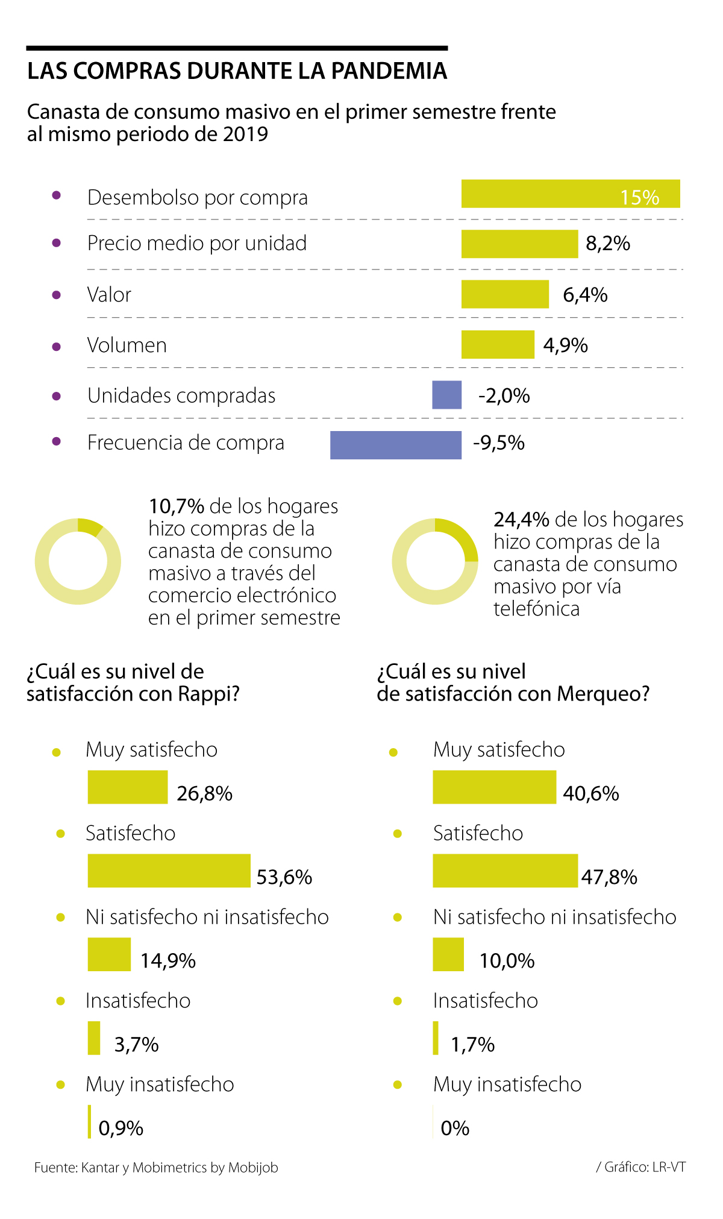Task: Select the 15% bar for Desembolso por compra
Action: (x=570, y=194)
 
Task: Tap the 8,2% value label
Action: (x=608, y=244)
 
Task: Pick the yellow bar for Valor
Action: (x=505, y=294)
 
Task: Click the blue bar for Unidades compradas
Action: (x=446, y=395)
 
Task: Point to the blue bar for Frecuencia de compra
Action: (x=395, y=445)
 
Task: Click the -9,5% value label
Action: (x=499, y=443)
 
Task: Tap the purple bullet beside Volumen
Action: (x=57, y=347)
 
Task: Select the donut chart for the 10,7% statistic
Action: (x=78, y=561)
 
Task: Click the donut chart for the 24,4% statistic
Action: (x=435, y=561)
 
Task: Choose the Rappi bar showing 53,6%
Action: (x=169, y=871)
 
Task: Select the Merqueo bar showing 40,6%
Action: (x=494, y=787)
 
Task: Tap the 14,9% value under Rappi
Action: (x=168, y=960)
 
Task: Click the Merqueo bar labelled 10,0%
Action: (x=448, y=954)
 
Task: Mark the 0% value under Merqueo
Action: (x=455, y=1128)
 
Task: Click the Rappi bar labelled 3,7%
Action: (x=94, y=1038)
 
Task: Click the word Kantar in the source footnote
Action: (x=100, y=1168)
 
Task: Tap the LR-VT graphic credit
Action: (x=668, y=1167)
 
